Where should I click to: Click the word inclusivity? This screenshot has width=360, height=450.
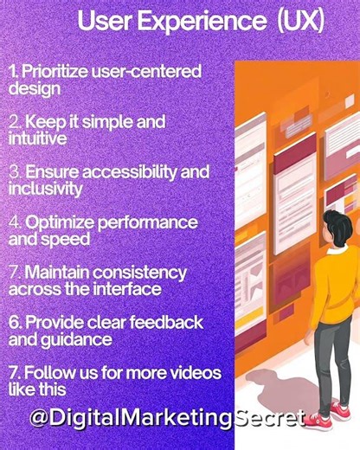[45, 188]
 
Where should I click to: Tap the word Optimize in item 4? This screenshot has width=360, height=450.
[58, 222]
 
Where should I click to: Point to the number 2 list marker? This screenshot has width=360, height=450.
[15, 121]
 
